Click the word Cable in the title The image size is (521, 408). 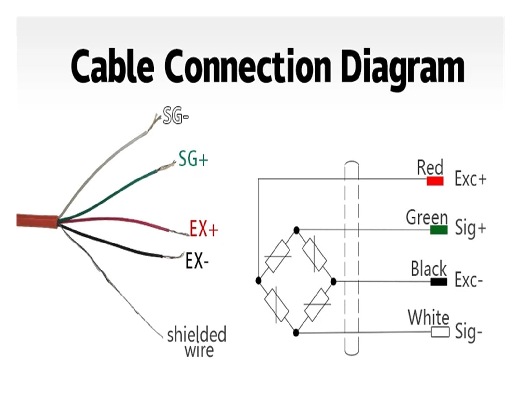[112, 66]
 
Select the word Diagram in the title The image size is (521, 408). [403, 69]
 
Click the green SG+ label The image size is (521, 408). [193, 159]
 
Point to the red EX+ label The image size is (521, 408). [204, 229]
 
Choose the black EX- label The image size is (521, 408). [197, 261]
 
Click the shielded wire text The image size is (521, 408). [196, 341]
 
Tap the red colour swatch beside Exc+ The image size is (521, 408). [435, 181]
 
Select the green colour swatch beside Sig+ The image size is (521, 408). [439, 230]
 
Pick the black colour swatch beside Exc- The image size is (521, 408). [439, 282]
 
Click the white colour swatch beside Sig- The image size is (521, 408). [440, 332]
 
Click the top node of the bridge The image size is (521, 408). [297, 230]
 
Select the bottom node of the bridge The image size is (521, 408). [296, 333]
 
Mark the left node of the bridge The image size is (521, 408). [258, 281]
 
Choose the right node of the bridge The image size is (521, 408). [333, 282]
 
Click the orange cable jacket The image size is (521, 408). [37, 221]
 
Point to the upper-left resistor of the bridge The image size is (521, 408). [277, 256]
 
